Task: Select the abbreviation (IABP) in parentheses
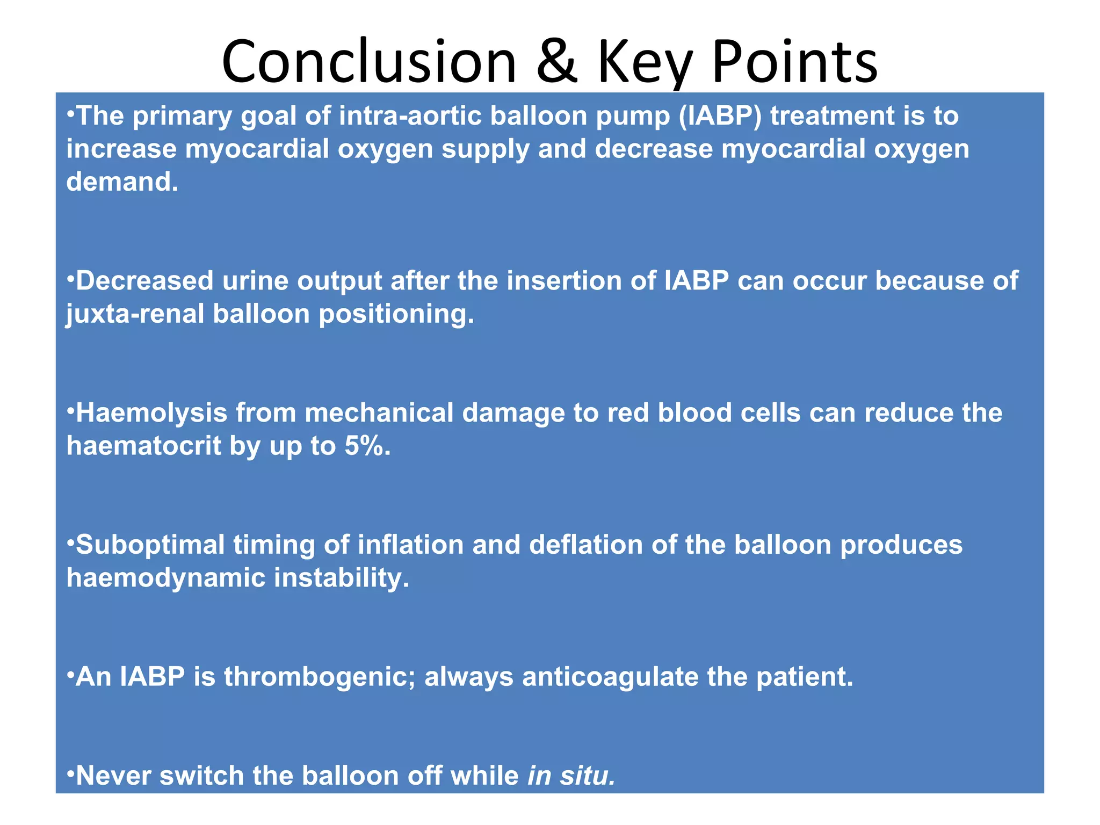tap(720, 116)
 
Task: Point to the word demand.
tap(122, 182)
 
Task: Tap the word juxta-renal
tap(135, 314)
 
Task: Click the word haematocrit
tap(143, 446)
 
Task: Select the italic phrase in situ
tap(571, 776)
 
